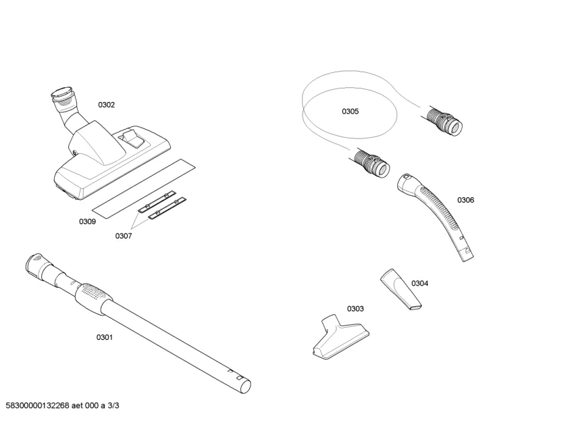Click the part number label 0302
[x=107, y=105]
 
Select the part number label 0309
[x=87, y=222]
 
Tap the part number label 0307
[x=123, y=236]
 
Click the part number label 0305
[x=350, y=111]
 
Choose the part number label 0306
[x=465, y=200]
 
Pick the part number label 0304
[x=419, y=283]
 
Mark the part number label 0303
[x=355, y=309]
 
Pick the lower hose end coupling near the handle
[x=371, y=164]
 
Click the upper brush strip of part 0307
[x=158, y=202]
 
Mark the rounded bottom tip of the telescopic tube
[x=245, y=386]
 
